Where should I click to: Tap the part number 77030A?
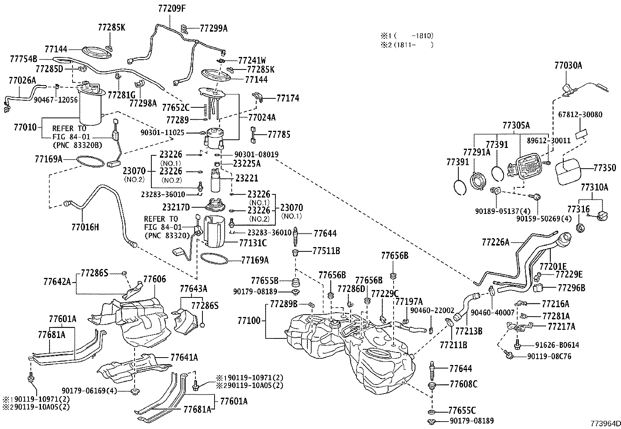pos(568,66)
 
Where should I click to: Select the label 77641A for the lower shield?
pos(184,358)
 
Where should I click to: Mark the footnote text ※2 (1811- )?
pos(407,45)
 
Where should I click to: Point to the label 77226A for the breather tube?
pos(495,242)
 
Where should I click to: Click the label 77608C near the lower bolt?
pos(463,384)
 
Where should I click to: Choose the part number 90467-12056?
pos(55,100)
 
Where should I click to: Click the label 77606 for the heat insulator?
pos(154,279)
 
